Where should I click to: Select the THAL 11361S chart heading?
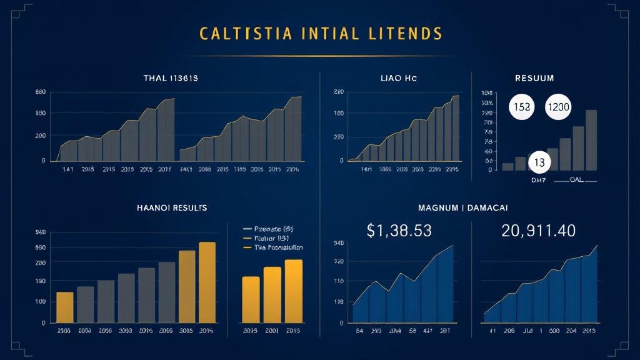point(171,78)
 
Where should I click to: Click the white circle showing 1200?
point(558,107)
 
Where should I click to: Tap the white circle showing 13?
point(539,163)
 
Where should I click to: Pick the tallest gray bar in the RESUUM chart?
point(591,140)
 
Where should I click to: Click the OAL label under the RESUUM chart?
point(581,179)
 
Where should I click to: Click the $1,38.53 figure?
point(399,231)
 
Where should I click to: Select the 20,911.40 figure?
point(538,231)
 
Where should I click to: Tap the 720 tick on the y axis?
point(339,262)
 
